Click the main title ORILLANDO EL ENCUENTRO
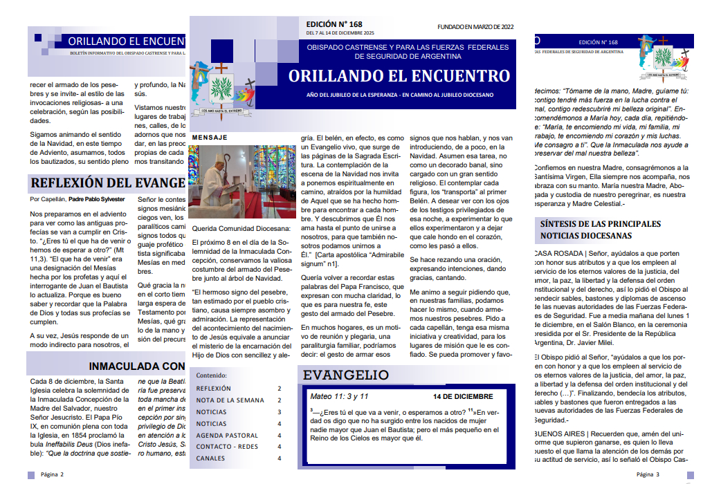(x=399, y=76)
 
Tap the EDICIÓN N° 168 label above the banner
(x=334, y=24)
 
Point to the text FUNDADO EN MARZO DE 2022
(x=475, y=27)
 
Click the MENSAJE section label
(x=210, y=138)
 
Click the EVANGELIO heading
(x=346, y=375)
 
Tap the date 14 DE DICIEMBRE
(x=463, y=397)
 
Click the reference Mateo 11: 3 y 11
(x=339, y=397)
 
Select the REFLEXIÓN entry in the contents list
(x=214, y=389)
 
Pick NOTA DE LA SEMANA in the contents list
(x=230, y=400)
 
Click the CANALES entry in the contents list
(x=210, y=458)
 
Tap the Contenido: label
(x=212, y=375)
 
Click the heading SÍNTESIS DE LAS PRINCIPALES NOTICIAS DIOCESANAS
(x=600, y=230)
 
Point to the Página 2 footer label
(x=52, y=474)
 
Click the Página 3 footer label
(x=648, y=474)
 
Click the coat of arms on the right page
(x=664, y=58)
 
